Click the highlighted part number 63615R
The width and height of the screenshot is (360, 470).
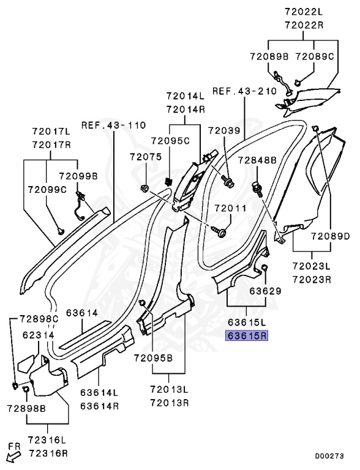tap(246, 336)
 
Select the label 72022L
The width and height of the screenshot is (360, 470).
tap(304, 12)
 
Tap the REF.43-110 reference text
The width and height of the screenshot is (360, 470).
tap(114, 125)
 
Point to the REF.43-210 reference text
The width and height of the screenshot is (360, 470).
tap(244, 91)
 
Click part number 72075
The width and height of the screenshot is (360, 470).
tap(146, 157)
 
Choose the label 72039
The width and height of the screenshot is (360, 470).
tap(225, 131)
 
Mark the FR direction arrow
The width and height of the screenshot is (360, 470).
tap(13, 458)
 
